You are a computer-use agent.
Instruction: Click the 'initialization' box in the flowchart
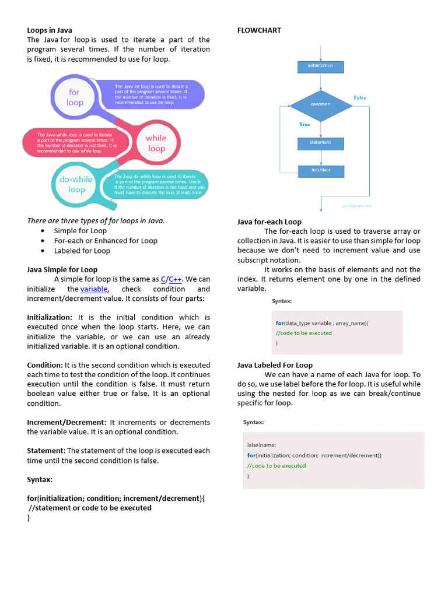point(320,66)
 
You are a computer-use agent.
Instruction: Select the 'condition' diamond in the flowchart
point(320,104)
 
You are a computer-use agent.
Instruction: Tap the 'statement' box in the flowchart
point(320,143)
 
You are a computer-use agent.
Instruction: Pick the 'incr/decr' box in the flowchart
point(320,171)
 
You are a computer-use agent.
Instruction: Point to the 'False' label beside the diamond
point(360,98)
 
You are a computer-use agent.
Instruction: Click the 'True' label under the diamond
point(304,124)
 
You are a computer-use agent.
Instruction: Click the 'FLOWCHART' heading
point(259,30)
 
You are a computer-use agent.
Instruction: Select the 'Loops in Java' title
point(50,30)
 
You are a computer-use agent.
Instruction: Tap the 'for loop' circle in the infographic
point(75,97)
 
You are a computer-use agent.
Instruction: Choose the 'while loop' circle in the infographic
point(156,143)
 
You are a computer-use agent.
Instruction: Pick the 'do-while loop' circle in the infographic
point(76,184)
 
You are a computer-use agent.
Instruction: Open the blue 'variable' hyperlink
point(94,289)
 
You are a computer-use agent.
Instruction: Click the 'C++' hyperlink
point(176,279)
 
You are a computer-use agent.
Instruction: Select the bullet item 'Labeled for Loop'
point(82,251)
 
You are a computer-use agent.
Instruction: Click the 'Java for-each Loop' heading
point(269,222)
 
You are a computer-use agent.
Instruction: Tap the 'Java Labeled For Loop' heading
point(275,365)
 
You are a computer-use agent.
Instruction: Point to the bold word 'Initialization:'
point(50,318)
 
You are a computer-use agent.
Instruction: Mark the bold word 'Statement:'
point(46,451)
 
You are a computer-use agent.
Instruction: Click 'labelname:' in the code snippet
point(262,445)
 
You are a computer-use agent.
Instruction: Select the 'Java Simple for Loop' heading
point(62,270)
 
